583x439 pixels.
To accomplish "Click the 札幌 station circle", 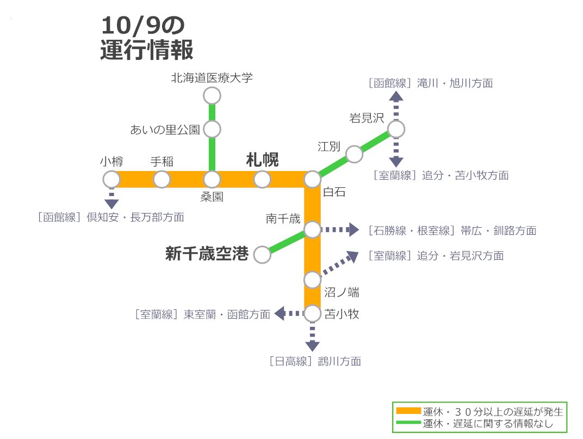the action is click(x=262, y=179).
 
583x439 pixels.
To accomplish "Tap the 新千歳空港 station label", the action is click(x=207, y=254).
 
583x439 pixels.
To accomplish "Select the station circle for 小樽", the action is click(x=111, y=179).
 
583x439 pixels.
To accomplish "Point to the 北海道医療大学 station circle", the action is click(x=212, y=96).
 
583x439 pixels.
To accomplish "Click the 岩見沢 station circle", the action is click(x=396, y=129).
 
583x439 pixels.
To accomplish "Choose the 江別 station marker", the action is click(x=354, y=154).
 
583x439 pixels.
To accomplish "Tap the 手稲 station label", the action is click(x=162, y=162).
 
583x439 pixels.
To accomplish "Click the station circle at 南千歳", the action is click(x=312, y=230).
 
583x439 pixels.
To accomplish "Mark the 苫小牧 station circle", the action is click(x=312, y=314).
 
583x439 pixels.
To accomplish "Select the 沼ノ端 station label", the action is click(x=342, y=292).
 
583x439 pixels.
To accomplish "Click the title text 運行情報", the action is click(x=147, y=50).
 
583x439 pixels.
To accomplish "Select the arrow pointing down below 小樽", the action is click(x=111, y=203).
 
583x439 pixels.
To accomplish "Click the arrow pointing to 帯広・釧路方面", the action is click(x=352, y=230).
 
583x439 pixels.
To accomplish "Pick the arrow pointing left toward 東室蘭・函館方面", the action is click(x=281, y=314).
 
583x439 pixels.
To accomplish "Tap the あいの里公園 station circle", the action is click(x=212, y=130).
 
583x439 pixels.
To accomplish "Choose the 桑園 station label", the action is click(x=212, y=197).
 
